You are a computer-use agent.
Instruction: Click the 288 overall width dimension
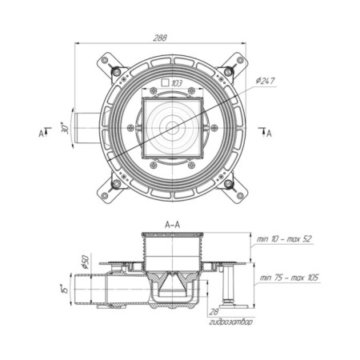(x=160, y=38)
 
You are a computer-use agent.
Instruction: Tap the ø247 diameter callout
(x=265, y=81)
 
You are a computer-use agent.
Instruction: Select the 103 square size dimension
(x=177, y=83)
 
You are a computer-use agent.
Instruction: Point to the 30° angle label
(x=65, y=128)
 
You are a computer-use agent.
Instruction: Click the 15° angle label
(x=65, y=288)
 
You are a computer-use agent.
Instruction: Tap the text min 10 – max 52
(x=284, y=239)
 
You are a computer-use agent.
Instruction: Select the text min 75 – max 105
(x=289, y=278)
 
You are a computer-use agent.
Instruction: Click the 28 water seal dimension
(x=214, y=311)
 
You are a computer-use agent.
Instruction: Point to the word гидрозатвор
(x=230, y=322)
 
